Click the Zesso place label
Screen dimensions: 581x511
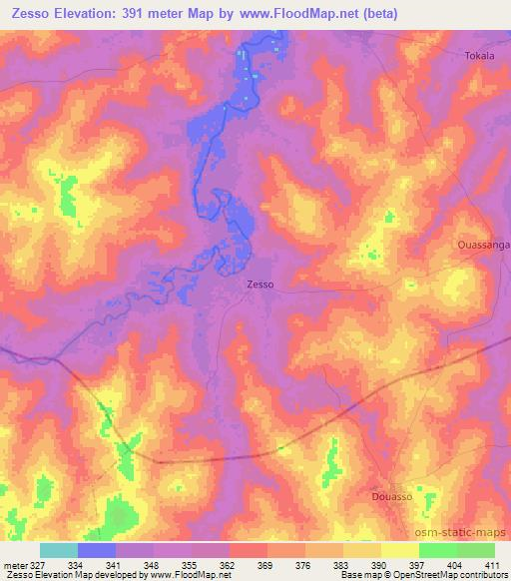coord(259,285)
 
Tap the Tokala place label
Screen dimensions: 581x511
coord(480,56)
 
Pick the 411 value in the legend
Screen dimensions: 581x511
coord(493,565)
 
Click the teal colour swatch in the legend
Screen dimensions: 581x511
coord(59,550)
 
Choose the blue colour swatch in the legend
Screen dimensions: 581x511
coord(97,550)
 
